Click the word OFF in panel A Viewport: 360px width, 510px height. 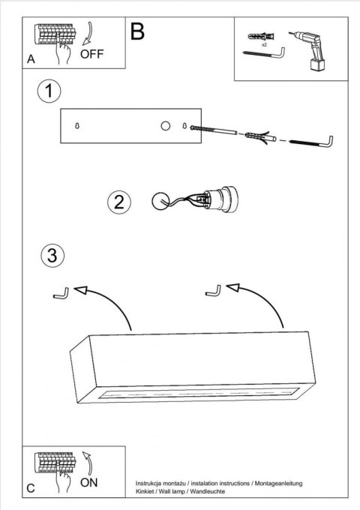tap(91, 54)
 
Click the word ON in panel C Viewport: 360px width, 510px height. tap(88, 482)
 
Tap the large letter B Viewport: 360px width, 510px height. tap(137, 31)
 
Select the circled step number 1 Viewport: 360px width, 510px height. tap(49, 91)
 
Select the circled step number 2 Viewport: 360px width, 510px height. tap(119, 202)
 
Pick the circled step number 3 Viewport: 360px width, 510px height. tap(52, 255)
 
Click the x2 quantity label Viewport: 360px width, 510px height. tap(264, 45)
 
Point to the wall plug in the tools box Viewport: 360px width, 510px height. tap(261, 36)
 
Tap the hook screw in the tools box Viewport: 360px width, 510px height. tap(264, 54)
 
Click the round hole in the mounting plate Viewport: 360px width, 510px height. tap(166, 126)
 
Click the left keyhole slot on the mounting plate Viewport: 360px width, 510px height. tap(77, 125)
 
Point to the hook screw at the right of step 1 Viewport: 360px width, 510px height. tap(311, 142)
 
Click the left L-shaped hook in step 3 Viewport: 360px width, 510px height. tap(61, 294)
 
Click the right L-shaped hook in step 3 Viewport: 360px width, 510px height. tap(214, 291)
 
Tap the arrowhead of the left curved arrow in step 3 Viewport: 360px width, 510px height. tap(81, 289)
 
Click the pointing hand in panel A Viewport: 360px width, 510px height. tap(63, 52)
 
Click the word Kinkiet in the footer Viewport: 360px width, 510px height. tap(145, 491)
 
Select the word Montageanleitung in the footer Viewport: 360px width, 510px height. tap(278, 484)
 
